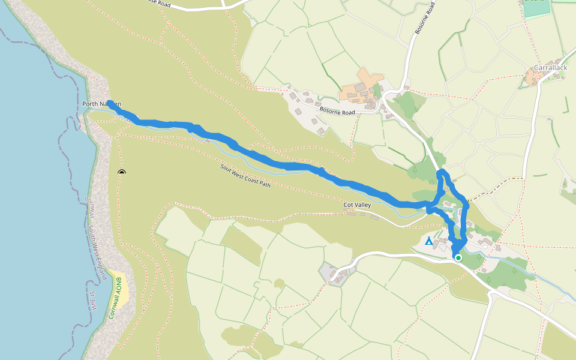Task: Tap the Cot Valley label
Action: tap(357, 205)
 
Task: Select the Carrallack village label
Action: tap(550, 68)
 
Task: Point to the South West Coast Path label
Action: tap(245, 176)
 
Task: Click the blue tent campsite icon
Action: tap(428, 241)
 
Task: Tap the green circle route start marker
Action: tap(458, 258)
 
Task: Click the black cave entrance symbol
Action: tap(122, 172)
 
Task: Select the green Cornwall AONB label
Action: tap(116, 298)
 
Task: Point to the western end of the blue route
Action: tap(110, 103)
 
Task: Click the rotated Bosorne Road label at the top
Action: tap(424, 18)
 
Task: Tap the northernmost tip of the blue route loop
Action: tap(443, 172)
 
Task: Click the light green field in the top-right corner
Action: tap(535, 9)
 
